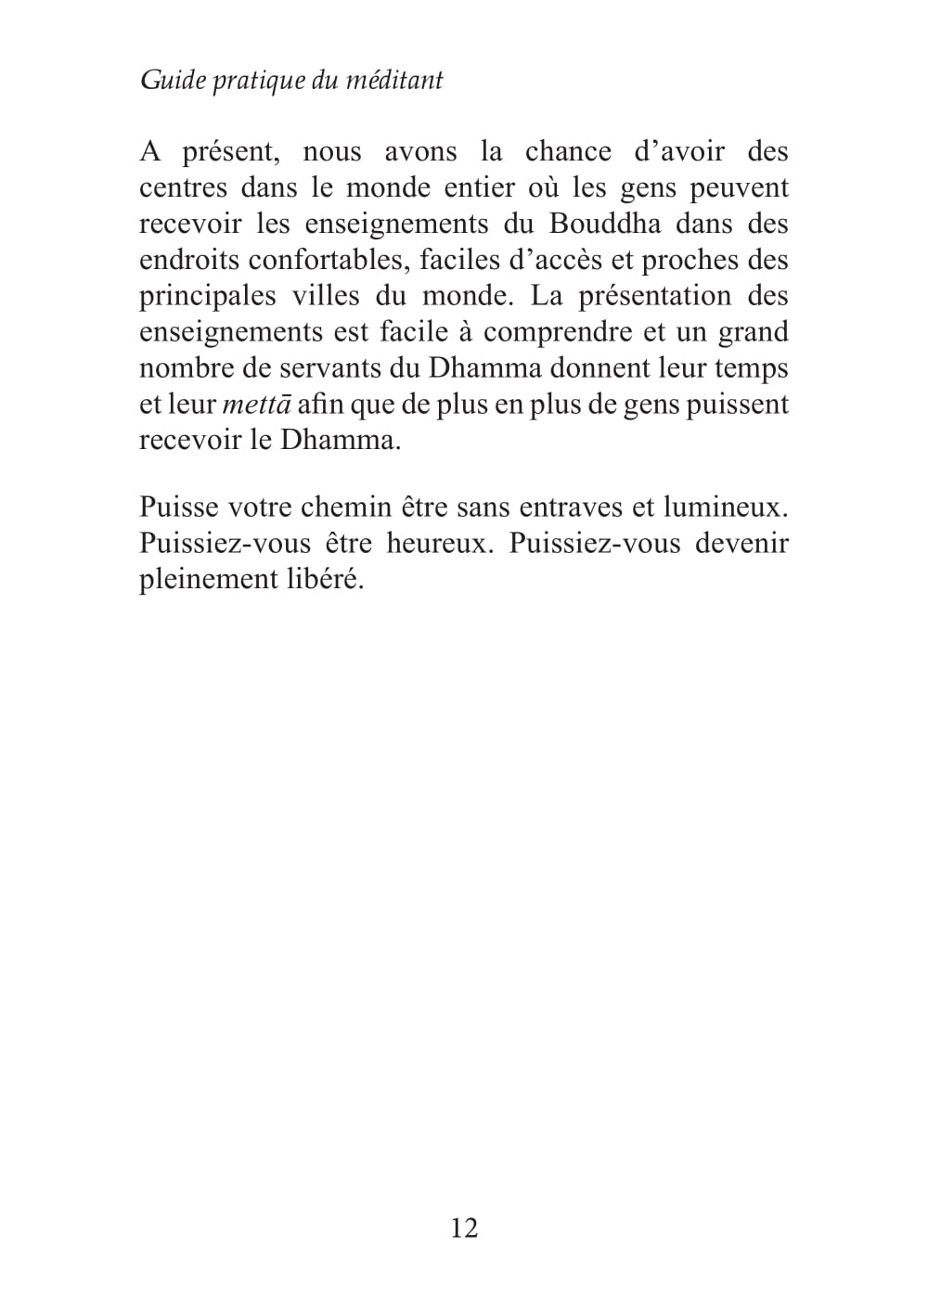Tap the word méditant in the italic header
tap(394, 81)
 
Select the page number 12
tap(464, 1228)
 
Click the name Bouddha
tap(605, 224)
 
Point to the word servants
tap(334, 368)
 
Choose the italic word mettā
tap(257, 405)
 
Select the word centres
tap(183, 187)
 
